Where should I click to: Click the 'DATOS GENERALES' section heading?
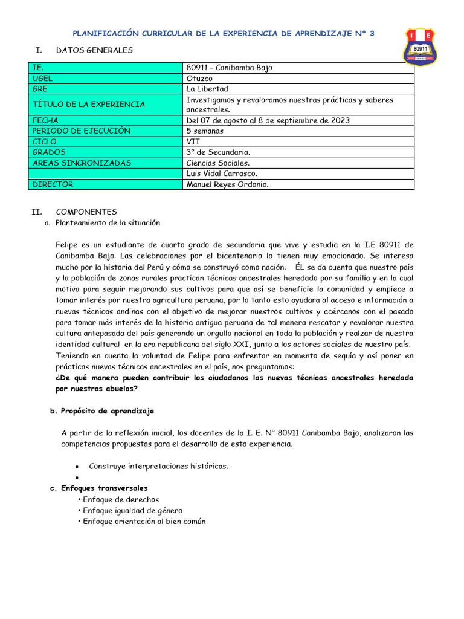click(94, 50)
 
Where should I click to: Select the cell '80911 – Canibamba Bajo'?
click(230, 68)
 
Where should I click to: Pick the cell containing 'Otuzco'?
click(200, 79)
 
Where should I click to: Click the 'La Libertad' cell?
click(207, 89)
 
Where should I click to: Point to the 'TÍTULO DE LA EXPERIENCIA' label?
click(89, 105)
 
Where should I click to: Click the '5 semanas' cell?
click(205, 131)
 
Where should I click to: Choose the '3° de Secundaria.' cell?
click(218, 152)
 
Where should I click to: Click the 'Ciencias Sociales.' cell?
click(218, 163)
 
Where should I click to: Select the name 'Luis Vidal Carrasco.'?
click(222, 173)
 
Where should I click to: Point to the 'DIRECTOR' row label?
click(53, 184)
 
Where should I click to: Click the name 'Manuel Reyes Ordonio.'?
click(228, 184)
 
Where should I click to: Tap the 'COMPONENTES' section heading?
click(86, 212)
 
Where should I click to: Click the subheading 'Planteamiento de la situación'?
click(108, 222)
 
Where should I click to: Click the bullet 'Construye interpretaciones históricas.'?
click(158, 466)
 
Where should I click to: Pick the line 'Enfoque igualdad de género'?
click(132, 510)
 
